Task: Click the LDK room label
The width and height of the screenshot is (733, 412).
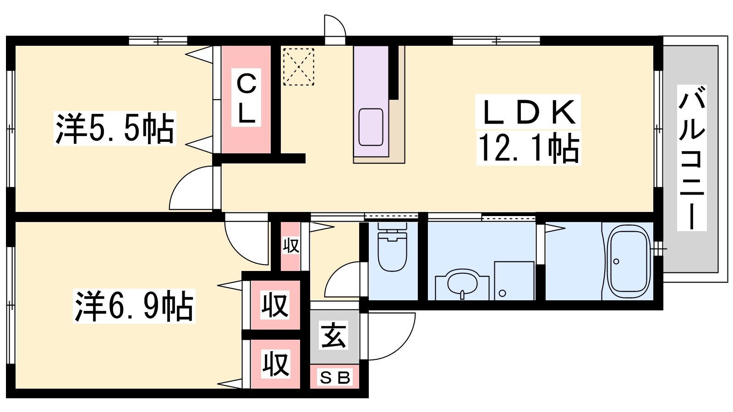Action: coord(527,112)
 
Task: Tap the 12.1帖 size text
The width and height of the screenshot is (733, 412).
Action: coord(529,148)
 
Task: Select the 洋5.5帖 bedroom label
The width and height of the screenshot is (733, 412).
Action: coord(115,128)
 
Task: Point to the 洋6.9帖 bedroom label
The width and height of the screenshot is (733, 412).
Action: coord(134,306)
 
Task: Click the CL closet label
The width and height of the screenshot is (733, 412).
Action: coord(246,98)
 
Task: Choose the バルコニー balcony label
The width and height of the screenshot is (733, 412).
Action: coord(691,157)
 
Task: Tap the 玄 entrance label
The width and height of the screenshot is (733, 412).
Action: coord(334,336)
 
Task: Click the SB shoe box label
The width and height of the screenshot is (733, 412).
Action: coord(335,378)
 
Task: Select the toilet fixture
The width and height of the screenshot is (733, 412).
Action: coord(392,247)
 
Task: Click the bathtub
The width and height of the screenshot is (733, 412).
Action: coord(628,261)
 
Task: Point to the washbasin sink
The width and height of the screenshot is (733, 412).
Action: coord(462,283)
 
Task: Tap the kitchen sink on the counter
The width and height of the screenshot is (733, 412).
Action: coord(371,127)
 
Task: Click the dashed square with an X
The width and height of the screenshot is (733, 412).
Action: coord(298,67)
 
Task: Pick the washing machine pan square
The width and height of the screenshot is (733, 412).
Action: coord(514,281)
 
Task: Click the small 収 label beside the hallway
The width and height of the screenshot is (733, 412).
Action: coord(291,245)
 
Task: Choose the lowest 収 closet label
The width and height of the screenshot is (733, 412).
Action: coord(275,363)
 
